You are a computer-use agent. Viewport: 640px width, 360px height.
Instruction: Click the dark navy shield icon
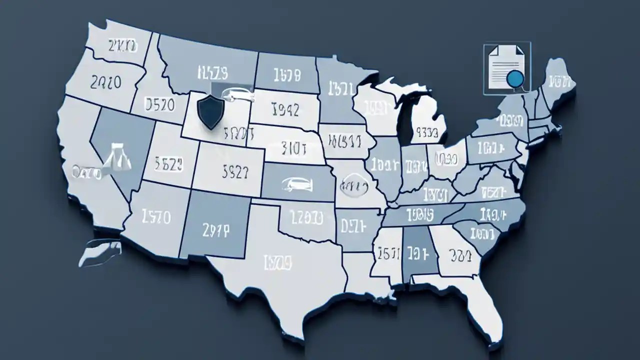point(210,113)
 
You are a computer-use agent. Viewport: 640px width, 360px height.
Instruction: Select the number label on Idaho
point(159,104)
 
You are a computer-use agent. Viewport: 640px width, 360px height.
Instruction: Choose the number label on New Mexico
point(216,229)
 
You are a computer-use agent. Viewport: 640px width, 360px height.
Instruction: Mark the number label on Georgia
point(460,255)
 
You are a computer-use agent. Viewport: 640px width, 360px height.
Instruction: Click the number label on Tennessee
point(419,214)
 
